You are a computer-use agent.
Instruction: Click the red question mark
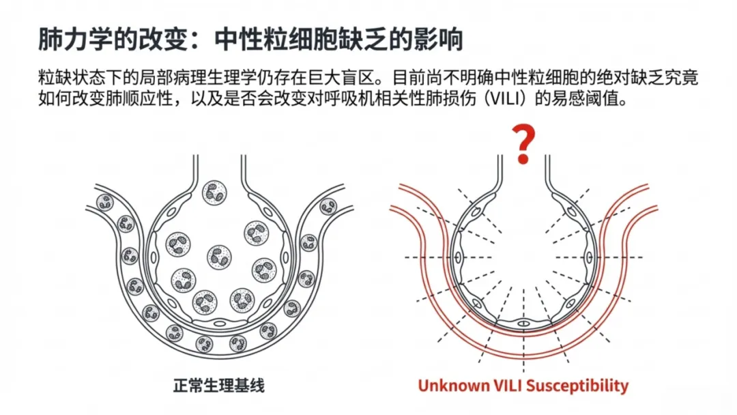523,144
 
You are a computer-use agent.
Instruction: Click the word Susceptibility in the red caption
577,386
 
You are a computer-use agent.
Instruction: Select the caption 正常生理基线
219,386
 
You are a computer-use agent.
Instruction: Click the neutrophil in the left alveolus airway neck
214,192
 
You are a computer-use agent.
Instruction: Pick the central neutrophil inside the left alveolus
219,257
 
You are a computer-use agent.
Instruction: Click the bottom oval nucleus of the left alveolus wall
220,324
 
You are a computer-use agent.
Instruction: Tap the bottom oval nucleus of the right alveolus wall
523,324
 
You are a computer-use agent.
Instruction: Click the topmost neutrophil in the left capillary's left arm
105,203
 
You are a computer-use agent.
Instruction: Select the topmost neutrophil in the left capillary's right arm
328,206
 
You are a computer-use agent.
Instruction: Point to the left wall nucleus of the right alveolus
458,257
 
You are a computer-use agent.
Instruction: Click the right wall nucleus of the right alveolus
590,257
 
